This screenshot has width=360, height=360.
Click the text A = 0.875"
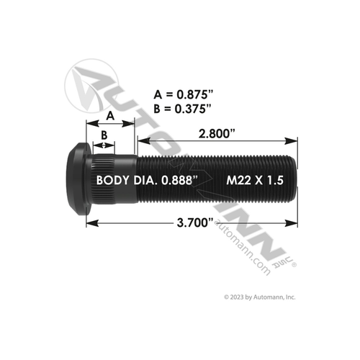[x=184, y=93]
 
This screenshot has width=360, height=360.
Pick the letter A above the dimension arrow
[x=110, y=114]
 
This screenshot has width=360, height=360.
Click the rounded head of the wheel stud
[x=74, y=179]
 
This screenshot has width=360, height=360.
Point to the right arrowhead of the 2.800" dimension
[x=292, y=140]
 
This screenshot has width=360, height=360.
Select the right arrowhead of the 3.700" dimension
[x=292, y=224]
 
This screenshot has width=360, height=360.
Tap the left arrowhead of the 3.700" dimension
[x=90, y=224]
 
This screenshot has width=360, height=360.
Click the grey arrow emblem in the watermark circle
[x=90, y=79]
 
